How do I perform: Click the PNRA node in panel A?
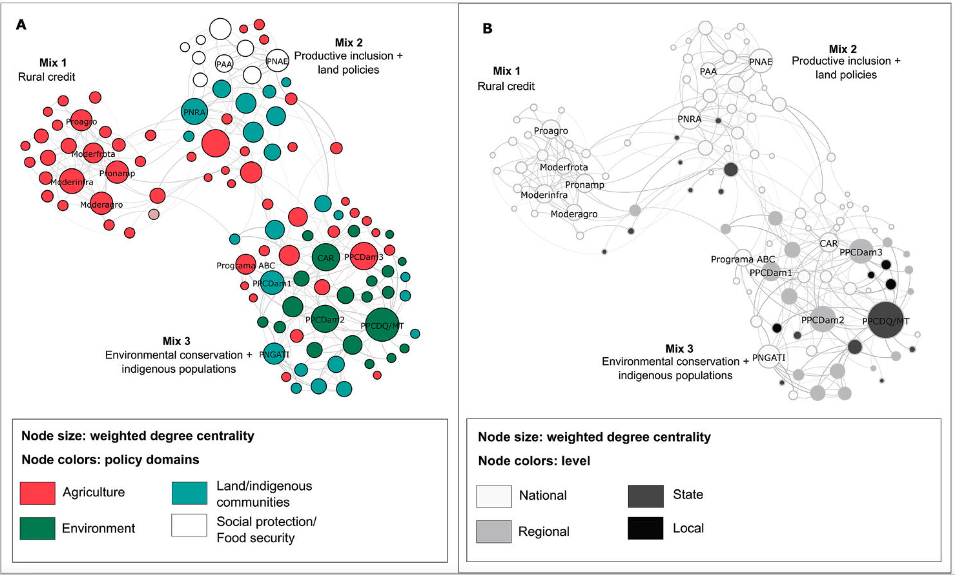pyautogui.click(x=194, y=112)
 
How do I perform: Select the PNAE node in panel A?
pyautogui.click(x=277, y=61)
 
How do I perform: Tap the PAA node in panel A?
pyautogui.click(x=224, y=64)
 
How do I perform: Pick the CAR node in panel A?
pyautogui.click(x=326, y=257)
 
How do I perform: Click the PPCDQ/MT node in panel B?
pyautogui.click(x=885, y=320)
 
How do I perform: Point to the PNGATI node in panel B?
pyautogui.click(x=769, y=357)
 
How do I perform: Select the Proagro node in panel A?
pyautogui.click(x=81, y=120)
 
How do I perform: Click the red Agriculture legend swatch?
pyautogui.click(x=37, y=493)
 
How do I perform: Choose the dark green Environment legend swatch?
pyautogui.click(x=37, y=528)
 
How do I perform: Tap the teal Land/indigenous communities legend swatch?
pyautogui.click(x=189, y=493)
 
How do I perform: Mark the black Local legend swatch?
pyautogui.click(x=645, y=528)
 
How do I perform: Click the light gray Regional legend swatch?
pyautogui.click(x=493, y=531)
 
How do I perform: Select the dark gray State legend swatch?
pyautogui.click(x=645, y=496)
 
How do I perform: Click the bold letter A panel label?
pyautogui.click(x=21, y=25)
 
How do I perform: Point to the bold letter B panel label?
pyautogui.click(x=487, y=29)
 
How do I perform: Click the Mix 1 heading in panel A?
pyautogui.click(x=53, y=62)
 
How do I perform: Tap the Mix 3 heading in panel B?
pyautogui.click(x=679, y=349)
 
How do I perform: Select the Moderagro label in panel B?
pyautogui.click(x=574, y=214)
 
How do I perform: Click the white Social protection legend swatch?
pyautogui.click(x=189, y=525)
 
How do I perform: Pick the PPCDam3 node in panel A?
pyautogui.click(x=364, y=256)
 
